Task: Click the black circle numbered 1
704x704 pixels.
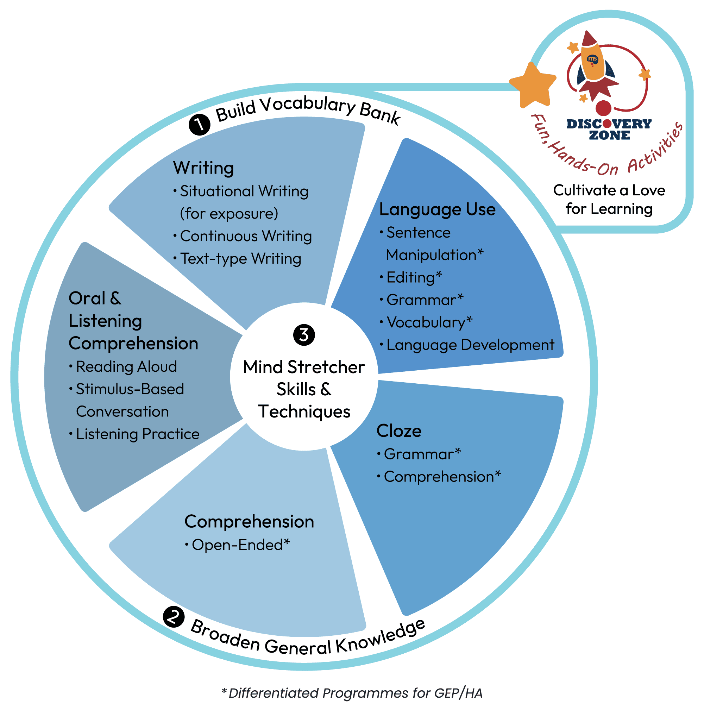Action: click(x=199, y=125)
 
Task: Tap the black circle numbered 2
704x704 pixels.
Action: click(x=174, y=617)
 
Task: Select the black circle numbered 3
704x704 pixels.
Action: click(x=304, y=335)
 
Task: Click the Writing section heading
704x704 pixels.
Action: click(x=203, y=168)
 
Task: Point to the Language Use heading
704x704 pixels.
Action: click(x=437, y=209)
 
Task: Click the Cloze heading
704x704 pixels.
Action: click(x=399, y=431)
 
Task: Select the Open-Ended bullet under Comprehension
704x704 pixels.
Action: click(x=240, y=545)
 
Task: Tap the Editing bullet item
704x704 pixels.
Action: click(x=414, y=278)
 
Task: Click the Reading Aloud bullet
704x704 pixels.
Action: click(x=126, y=366)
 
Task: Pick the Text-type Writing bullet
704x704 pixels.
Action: click(x=240, y=259)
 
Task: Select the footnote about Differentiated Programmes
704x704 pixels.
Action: click(x=352, y=693)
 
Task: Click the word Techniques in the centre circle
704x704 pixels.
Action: click(x=304, y=412)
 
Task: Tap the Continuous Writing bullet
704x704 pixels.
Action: click(x=246, y=236)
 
